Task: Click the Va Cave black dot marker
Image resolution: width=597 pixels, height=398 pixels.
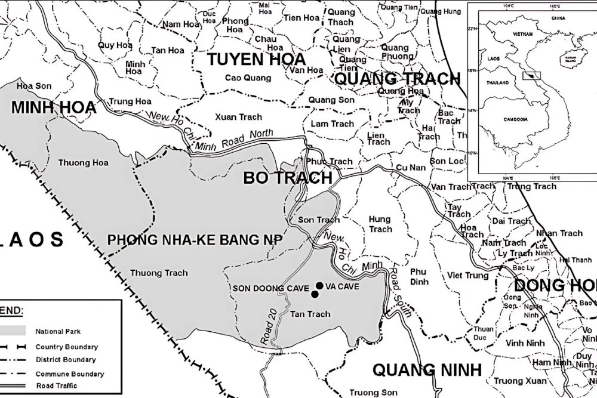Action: (x=320, y=285)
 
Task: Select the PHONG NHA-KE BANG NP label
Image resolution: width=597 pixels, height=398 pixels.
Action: (x=195, y=239)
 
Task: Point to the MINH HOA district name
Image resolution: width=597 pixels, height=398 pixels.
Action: (x=53, y=107)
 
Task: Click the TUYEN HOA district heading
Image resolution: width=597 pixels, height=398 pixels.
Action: (x=256, y=59)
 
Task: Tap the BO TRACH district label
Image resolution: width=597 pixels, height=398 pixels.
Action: (x=287, y=178)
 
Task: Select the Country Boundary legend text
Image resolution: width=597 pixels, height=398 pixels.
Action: (x=67, y=347)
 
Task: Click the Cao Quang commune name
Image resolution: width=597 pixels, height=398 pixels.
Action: (x=248, y=78)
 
